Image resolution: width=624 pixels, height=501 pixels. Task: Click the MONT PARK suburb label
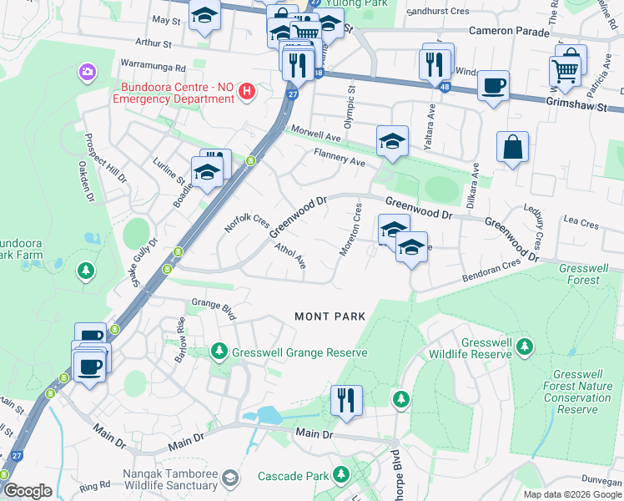(330, 316)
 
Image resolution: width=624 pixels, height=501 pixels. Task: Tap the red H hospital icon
(246, 92)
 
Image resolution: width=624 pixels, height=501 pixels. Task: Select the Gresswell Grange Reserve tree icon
(219, 352)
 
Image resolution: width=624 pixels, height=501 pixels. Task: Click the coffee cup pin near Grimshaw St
(493, 84)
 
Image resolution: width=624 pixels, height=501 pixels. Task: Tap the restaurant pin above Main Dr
(345, 399)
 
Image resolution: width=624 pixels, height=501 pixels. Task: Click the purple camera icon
(87, 73)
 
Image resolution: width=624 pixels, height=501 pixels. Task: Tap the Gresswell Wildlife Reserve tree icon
(524, 346)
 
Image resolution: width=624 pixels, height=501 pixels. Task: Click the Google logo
(27, 491)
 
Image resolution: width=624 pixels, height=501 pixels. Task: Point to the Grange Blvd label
(214, 307)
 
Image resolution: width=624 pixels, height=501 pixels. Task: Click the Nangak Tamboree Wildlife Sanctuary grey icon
(230, 478)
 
